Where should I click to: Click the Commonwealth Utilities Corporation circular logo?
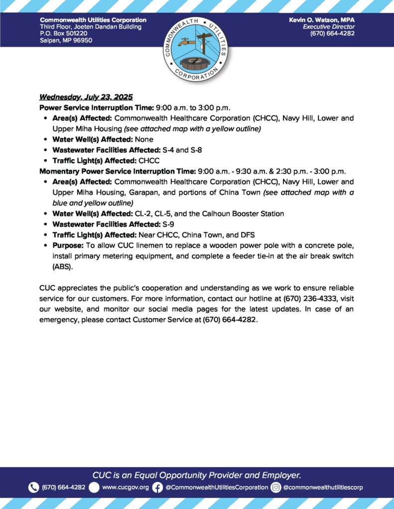197,48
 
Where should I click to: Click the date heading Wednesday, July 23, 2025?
86,97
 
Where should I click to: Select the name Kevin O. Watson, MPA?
322,19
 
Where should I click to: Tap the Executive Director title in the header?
329,26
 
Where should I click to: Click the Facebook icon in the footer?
157,488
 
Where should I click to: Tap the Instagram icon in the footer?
276,488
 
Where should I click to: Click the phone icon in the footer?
33,488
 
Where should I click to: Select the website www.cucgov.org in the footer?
126,488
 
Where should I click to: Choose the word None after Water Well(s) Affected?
144,140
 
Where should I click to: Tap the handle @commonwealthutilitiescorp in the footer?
323,488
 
